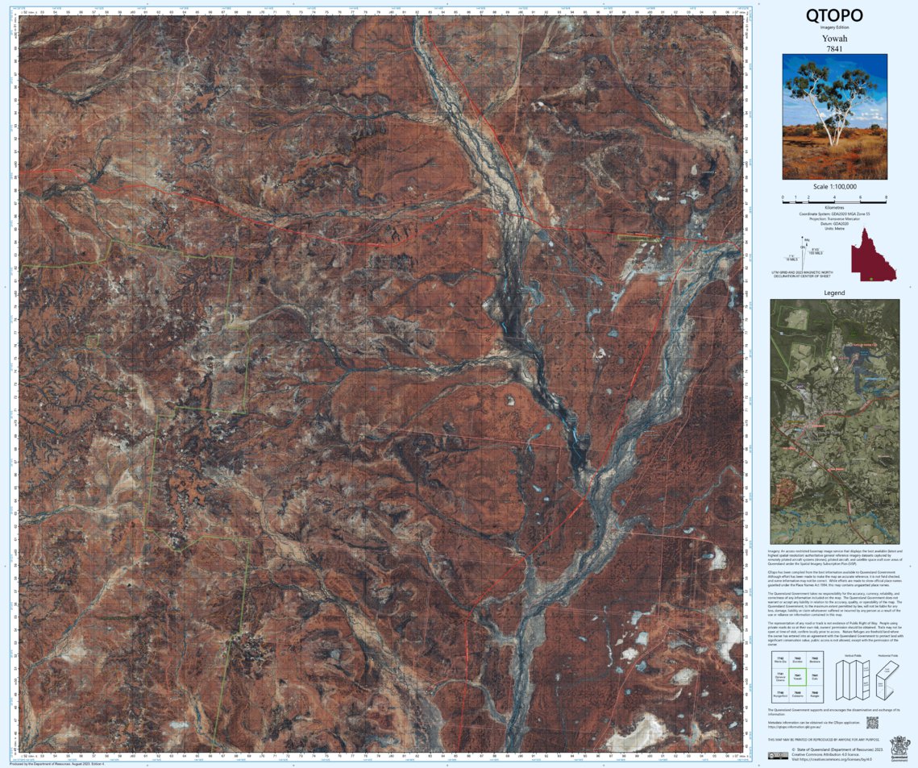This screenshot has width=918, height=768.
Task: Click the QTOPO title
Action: coord(834,15)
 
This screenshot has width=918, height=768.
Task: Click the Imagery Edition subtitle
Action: coord(834,27)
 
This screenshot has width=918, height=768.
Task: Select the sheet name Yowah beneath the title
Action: coord(834,38)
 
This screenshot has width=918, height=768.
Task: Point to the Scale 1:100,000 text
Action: coord(834,187)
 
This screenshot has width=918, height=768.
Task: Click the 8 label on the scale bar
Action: coord(885,197)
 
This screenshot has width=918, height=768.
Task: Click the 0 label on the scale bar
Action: coord(783,197)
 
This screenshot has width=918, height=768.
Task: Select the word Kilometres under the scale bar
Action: coord(834,208)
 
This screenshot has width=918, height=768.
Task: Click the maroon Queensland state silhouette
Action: coord(868,255)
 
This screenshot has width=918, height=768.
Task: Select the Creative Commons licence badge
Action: coord(777,755)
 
